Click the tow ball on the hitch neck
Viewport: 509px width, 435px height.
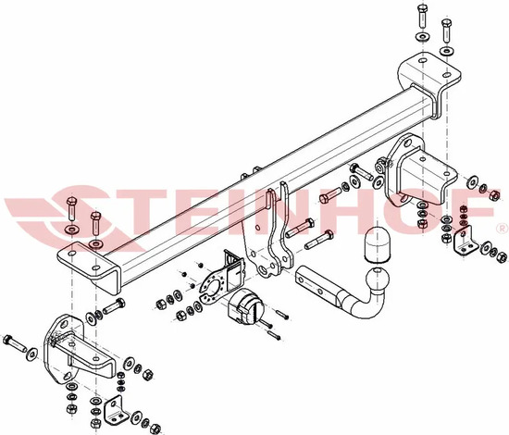[x=378, y=280]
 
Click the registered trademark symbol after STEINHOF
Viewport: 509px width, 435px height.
[x=502, y=228]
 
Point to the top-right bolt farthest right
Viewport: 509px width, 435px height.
[x=447, y=31]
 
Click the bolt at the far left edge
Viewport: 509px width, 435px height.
[x=14, y=343]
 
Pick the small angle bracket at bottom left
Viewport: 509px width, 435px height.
[x=116, y=410]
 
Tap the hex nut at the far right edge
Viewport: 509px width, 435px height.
[x=502, y=257]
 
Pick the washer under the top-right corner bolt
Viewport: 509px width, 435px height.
[x=447, y=51]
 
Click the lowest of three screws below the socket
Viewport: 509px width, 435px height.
[x=273, y=335]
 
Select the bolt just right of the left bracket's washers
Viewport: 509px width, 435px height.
[x=114, y=306]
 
